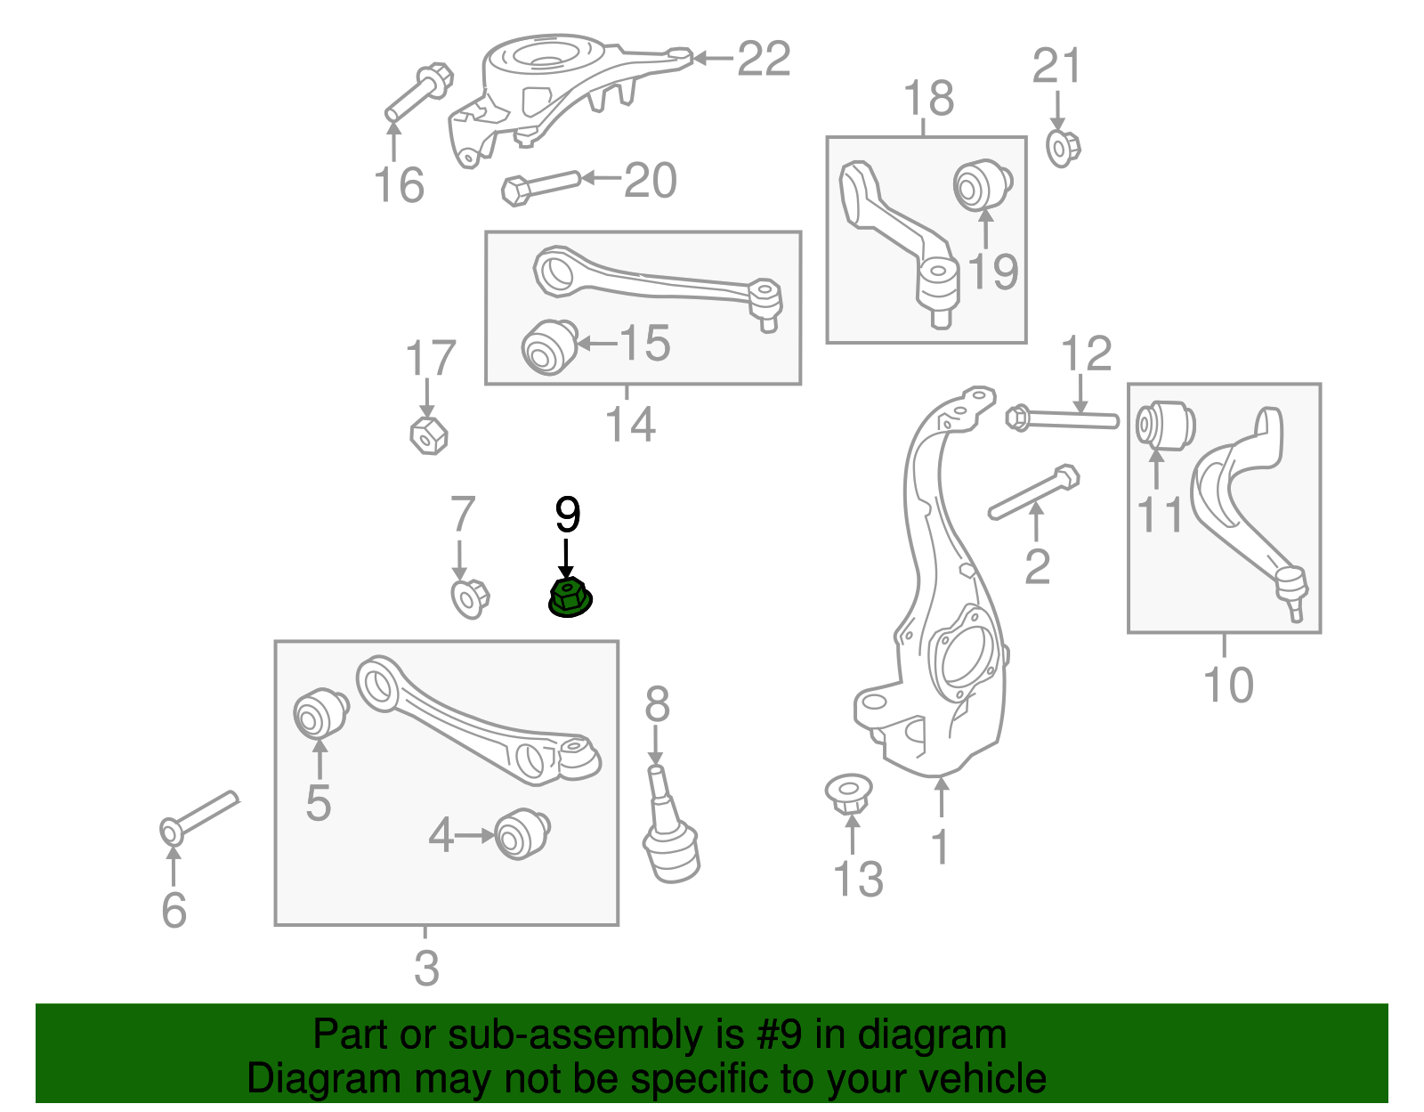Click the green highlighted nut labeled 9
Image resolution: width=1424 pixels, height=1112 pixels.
point(570,597)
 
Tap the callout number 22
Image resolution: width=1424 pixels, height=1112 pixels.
point(764,59)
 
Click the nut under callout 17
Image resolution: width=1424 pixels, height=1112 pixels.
point(428,434)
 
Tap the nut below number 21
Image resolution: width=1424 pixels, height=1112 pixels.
point(1062,148)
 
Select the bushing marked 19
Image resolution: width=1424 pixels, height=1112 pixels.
point(983,185)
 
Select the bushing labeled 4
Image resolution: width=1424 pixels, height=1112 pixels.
point(522,833)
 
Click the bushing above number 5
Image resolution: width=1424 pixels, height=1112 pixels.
point(320,713)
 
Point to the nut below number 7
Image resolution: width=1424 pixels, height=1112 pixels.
point(470,597)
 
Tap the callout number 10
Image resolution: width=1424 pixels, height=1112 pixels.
point(1228,685)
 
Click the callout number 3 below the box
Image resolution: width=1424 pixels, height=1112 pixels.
point(426,968)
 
